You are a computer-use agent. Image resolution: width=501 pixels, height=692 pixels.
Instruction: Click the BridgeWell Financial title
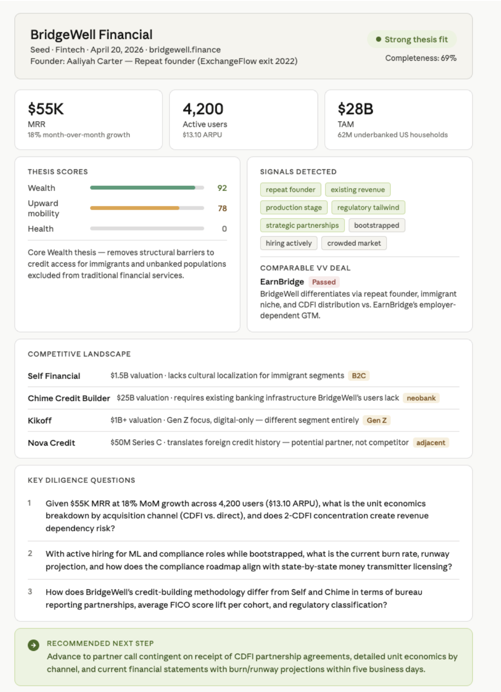[x=91, y=35]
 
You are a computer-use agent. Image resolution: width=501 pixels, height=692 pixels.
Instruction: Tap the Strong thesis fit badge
[x=412, y=40]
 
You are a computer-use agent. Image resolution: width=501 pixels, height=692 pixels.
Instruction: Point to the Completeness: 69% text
[x=421, y=58]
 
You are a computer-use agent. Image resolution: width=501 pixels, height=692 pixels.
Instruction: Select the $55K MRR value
[x=46, y=109]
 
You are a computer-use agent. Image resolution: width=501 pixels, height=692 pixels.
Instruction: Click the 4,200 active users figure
[x=203, y=109]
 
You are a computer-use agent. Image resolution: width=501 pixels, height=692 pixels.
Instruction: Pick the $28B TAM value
[x=355, y=109]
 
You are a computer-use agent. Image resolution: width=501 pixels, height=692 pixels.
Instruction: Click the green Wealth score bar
[x=142, y=188]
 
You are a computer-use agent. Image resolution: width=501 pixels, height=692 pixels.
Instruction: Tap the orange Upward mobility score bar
[x=135, y=208]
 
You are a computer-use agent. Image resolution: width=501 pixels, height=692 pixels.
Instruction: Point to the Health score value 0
[x=224, y=229]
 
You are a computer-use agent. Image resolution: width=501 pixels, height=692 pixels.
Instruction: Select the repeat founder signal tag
[x=290, y=189]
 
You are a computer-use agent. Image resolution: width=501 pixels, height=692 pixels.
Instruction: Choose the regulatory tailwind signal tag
[x=368, y=207]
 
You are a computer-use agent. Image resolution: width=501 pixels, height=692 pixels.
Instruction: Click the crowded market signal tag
[x=354, y=243]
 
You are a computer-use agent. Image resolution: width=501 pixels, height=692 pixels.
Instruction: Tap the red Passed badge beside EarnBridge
[x=324, y=282]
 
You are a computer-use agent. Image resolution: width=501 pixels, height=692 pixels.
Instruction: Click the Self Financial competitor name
[x=54, y=376]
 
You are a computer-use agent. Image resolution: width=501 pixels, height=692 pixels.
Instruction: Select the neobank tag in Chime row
[x=421, y=398]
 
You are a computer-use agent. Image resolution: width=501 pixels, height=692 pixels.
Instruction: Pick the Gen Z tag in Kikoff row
[x=376, y=420]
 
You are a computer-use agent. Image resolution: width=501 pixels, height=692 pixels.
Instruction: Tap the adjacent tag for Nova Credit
[x=431, y=443]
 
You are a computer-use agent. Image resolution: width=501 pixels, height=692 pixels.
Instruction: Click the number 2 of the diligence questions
[x=30, y=554]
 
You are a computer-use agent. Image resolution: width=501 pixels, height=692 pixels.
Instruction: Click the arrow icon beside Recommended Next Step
[x=33, y=645]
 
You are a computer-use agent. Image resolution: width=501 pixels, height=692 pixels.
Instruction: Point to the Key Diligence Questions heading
[x=81, y=480]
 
